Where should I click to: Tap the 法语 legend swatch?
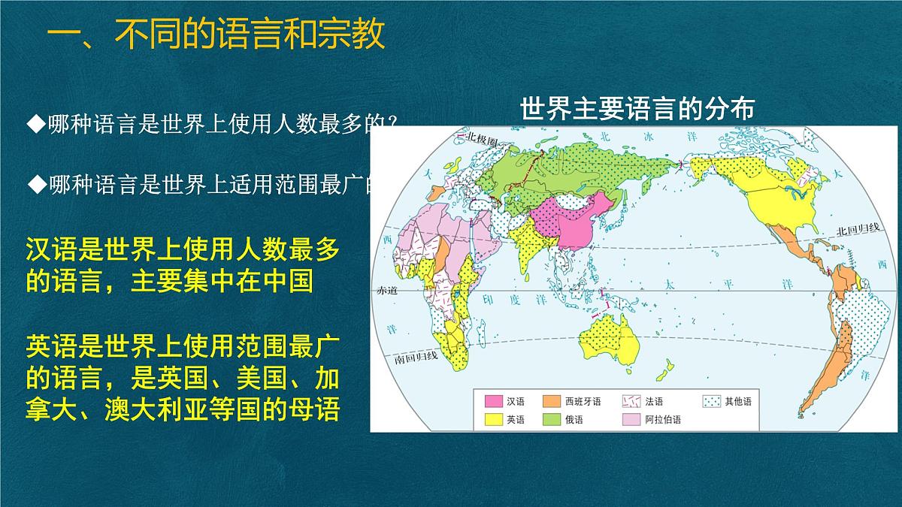633,402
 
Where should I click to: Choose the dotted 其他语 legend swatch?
711,402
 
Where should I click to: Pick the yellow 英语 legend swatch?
492,420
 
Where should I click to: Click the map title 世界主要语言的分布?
636,110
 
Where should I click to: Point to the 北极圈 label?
480,139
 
